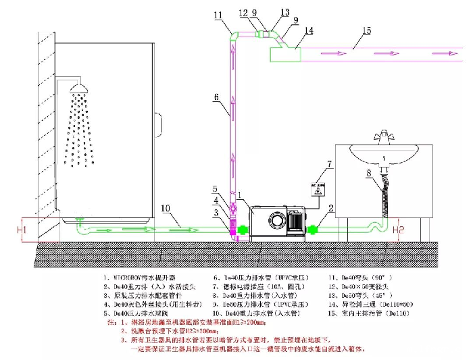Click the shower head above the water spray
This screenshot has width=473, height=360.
81,89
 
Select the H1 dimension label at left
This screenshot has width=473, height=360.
21,230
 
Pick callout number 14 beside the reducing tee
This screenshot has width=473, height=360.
308,30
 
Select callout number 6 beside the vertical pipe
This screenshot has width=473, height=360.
216,97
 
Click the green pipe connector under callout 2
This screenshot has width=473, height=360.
314,230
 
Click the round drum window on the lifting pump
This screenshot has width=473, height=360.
276,221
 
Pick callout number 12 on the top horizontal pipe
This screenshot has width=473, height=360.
243,12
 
